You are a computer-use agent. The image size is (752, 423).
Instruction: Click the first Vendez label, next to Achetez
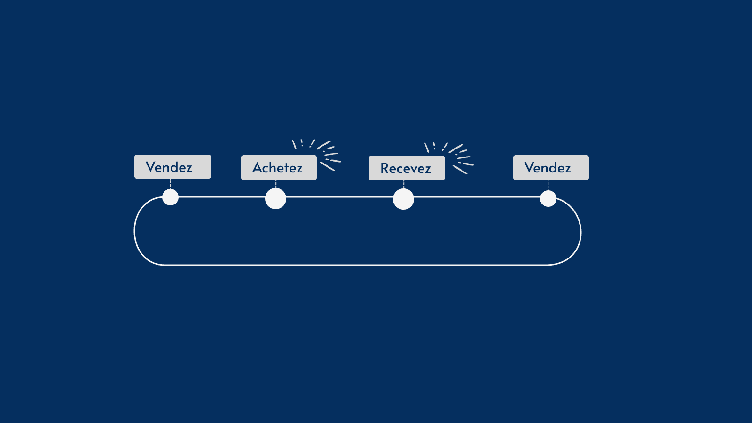click(172, 167)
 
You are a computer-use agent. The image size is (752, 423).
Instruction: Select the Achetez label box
click(279, 168)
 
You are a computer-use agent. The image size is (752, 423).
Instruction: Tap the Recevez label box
click(407, 168)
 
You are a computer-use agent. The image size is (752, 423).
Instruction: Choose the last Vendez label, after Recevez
click(551, 168)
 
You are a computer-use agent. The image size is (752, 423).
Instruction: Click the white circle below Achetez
click(275, 198)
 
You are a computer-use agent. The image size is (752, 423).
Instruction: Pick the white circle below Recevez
click(403, 199)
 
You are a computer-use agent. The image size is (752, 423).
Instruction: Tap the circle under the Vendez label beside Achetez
click(170, 197)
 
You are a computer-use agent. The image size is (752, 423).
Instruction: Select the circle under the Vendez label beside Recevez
click(548, 198)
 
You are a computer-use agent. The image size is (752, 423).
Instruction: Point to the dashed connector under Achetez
click(276, 184)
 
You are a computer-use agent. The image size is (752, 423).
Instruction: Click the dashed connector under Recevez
click(404, 184)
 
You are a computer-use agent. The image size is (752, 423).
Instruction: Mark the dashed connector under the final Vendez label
click(548, 185)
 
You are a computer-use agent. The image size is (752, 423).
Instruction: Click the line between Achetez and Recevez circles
click(339, 197)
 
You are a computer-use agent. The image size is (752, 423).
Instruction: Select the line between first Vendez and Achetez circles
click(222, 197)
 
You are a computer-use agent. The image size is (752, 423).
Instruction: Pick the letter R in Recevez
click(385, 168)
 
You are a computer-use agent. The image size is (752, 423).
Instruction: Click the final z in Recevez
click(427, 169)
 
